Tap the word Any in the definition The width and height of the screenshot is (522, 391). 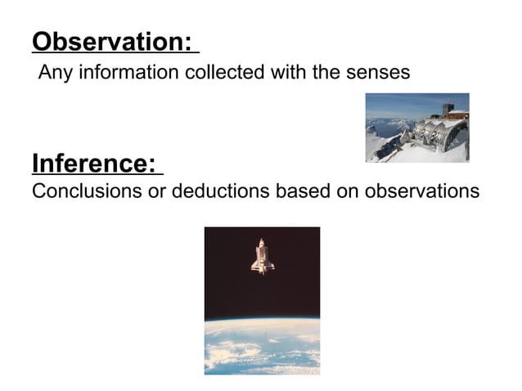(x=55, y=73)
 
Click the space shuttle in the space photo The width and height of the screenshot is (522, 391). (x=262, y=257)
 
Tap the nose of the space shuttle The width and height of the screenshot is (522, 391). (x=262, y=242)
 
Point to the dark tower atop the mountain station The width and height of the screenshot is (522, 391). (x=448, y=110)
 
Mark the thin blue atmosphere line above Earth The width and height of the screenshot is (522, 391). (x=262, y=319)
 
